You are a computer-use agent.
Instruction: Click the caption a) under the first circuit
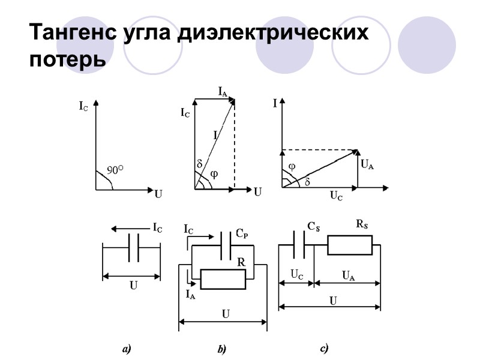pos(127,348)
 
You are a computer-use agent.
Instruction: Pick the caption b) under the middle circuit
pos(221,348)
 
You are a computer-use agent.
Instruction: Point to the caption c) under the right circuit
pos(323,347)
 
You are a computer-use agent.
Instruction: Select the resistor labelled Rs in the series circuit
pos(350,245)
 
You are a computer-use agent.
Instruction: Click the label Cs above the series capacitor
pos(313,226)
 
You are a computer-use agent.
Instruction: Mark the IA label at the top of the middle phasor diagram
pos(222,91)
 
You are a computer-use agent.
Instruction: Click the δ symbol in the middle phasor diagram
pos(200,163)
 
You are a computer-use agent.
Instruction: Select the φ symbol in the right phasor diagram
pos(292,166)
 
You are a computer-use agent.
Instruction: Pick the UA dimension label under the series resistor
pos(347,275)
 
